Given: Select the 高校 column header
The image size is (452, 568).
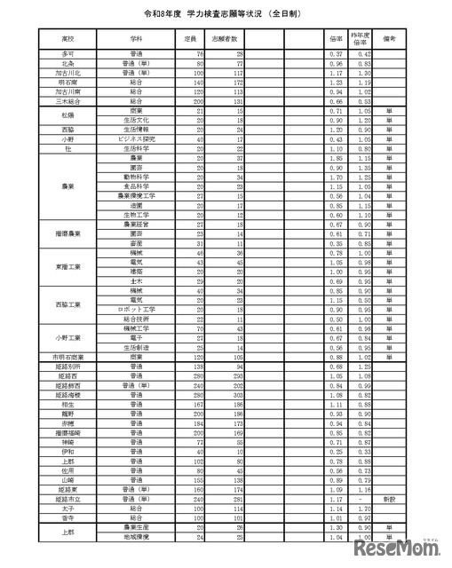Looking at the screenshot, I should [68, 41].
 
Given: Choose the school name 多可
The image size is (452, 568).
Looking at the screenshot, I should [68, 55].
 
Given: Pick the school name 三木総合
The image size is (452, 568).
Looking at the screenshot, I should [68, 102].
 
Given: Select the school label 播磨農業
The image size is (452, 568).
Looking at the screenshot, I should [68, 233].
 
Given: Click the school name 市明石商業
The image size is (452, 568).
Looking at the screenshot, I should [68, 357].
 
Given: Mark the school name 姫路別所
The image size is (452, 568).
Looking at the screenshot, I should [68, 366].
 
